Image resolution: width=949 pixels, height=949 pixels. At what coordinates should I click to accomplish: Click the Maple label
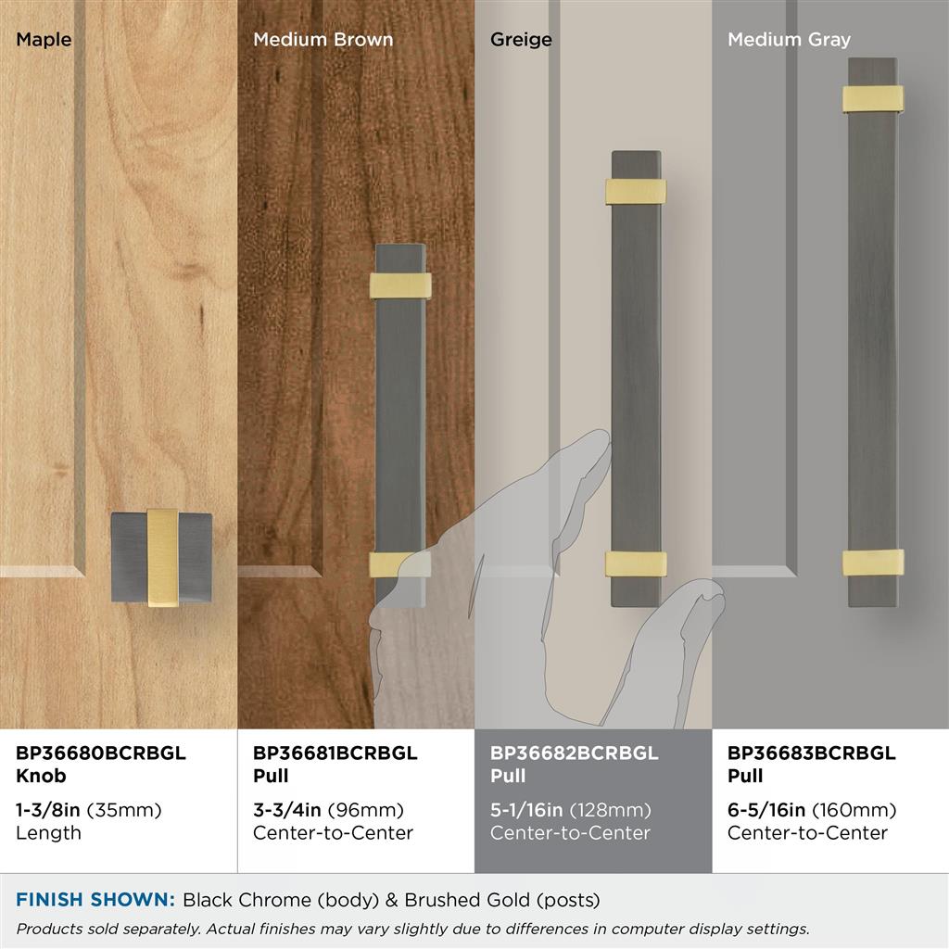44,40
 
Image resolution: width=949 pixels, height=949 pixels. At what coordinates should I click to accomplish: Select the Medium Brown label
323,40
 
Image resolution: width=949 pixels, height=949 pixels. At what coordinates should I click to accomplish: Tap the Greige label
521,40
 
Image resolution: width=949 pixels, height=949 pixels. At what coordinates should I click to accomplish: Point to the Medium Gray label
790,40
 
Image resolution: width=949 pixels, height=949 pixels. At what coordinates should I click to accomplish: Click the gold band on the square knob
163,557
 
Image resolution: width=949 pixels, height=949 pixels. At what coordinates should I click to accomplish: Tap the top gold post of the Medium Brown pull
400,285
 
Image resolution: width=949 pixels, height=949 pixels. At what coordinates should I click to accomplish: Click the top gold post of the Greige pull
636,192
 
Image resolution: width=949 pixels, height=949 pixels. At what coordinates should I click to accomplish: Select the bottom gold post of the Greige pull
636,564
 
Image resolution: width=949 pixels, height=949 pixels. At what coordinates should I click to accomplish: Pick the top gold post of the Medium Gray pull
873,98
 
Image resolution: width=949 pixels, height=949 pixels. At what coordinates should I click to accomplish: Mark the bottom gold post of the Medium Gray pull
873,563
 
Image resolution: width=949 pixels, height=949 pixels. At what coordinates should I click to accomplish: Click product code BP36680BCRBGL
100,753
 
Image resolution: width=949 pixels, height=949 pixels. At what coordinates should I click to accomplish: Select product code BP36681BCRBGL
335,753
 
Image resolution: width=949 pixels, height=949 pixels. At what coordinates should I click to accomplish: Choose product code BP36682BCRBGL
574,753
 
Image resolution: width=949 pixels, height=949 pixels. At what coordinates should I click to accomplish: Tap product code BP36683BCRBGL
811,753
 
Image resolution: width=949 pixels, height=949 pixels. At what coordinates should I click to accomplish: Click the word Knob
41,776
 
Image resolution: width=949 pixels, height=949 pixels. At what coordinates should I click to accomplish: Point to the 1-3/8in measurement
48,810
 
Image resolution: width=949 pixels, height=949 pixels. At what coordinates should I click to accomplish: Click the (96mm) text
365,810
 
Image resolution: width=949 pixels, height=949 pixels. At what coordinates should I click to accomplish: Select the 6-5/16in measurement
766,810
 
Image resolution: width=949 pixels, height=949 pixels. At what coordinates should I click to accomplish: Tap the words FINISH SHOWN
95,900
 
